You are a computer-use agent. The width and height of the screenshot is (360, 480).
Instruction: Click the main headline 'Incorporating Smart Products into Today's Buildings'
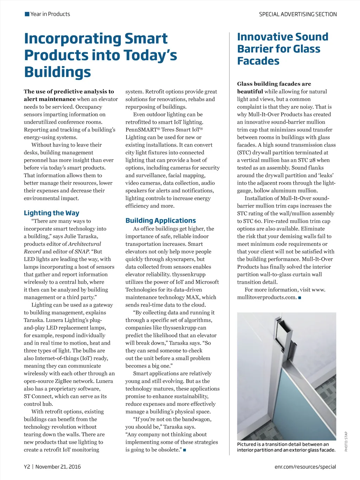point(100,55)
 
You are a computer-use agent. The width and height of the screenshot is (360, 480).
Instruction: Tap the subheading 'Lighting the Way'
point(52,213)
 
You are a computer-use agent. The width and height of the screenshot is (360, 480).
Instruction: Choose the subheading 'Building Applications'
point(161,221)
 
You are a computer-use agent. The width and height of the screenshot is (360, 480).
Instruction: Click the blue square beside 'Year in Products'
point(27,14)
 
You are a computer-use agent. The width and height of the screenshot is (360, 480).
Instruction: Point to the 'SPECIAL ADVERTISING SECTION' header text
point(298,14)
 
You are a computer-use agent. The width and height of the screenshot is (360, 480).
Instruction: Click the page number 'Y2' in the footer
point(27,467)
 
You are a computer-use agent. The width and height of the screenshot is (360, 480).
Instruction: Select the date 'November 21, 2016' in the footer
point(58,467)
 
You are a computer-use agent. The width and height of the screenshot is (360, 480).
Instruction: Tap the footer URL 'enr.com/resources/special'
point(305,467)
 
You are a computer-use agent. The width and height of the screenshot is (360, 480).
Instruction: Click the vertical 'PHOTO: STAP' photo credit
point(346,441)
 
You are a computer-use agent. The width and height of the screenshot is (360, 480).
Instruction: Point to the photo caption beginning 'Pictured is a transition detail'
point(286,447)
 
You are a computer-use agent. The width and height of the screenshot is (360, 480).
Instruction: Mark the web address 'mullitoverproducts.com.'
point(267,297)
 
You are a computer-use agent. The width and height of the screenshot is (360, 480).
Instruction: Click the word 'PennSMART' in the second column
point(141,130)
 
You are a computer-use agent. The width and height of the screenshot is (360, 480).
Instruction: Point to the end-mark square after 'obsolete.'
point(185,450)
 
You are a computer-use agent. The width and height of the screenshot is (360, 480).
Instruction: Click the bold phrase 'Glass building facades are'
point(274,84)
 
